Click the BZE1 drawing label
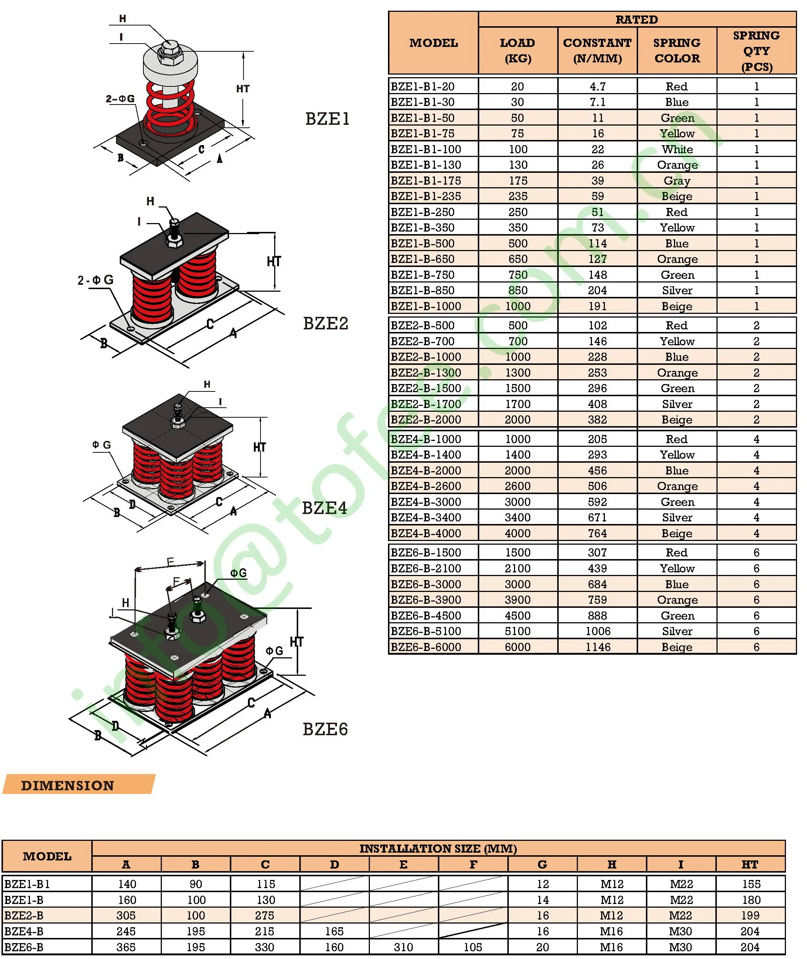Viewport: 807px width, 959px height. pos(327,119)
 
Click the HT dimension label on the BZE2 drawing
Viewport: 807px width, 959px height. pos(273,261)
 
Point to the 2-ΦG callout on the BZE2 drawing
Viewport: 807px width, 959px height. pos(95,280)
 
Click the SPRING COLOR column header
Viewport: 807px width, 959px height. pos(677,51)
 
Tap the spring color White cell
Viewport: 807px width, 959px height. pos(677,150)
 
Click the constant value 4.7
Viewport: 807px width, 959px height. pos(597,87)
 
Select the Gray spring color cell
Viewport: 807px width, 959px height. pos(677,181)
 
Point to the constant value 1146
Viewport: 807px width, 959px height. pos(597,647)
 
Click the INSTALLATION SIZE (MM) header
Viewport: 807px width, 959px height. pos(438,849)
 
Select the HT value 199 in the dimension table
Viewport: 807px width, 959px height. pos(750,915)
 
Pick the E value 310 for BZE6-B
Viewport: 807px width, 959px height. pos(403,947)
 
